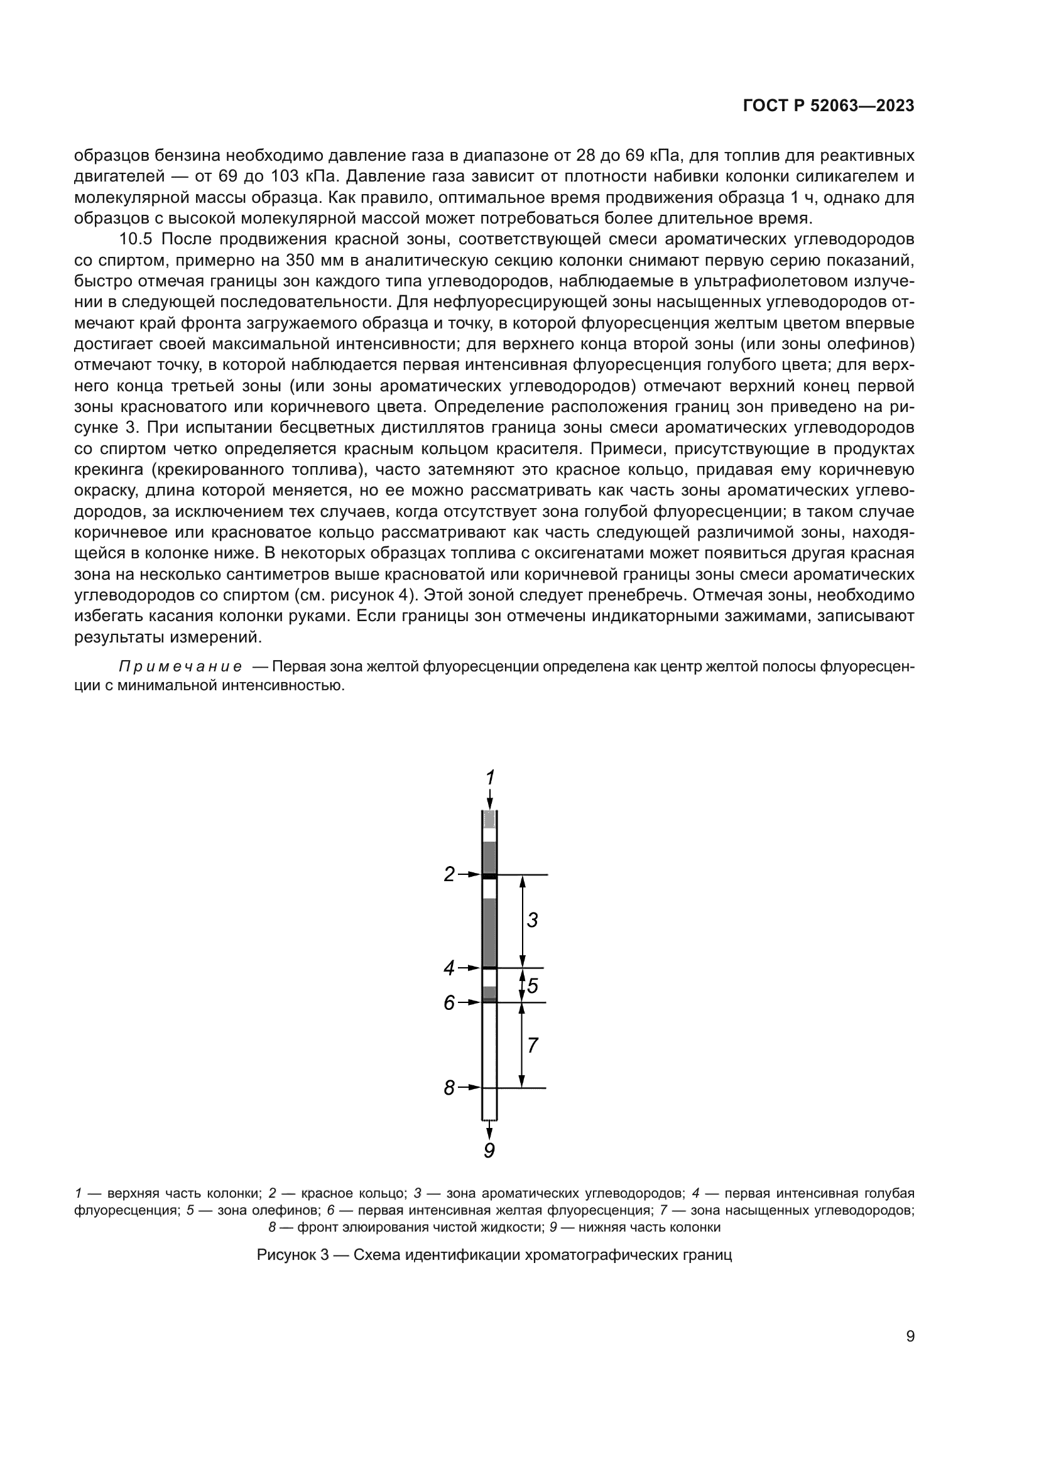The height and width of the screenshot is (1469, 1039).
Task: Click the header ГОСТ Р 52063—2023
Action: coord(829,106)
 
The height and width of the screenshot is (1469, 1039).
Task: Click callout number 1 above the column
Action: coord(490,778)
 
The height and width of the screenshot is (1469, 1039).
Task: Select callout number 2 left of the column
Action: coord(450,874)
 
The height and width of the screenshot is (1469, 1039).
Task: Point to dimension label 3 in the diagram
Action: coord(532,920)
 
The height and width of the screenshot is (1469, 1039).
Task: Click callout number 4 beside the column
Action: coord(450,968)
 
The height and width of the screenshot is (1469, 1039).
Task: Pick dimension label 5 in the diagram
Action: coord(532,986)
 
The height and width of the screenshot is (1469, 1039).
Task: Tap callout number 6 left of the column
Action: coord(450,1002)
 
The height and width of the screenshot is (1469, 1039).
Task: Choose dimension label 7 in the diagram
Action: coord(532,1046)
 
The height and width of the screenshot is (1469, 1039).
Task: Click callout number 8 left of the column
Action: coord(450,1088)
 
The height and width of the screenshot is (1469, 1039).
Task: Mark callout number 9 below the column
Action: coord(489,1151)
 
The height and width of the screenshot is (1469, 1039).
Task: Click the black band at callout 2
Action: coord(489,876)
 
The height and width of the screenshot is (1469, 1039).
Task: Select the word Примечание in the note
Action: coord(180,667)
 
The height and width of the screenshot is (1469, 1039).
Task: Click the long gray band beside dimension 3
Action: coord(489,931)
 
